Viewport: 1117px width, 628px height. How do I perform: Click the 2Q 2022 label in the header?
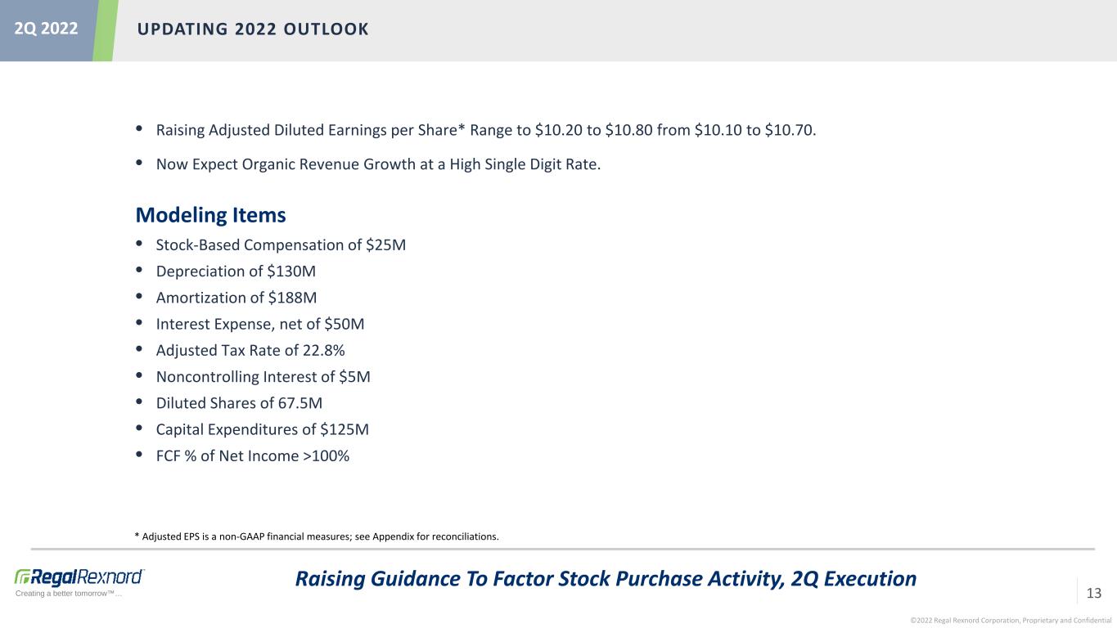pos(46,29)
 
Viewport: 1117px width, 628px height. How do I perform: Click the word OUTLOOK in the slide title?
pos(327,29)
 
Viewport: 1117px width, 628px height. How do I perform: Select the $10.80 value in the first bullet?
pos(628,130)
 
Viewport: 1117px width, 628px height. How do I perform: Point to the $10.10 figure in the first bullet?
pos(718,130)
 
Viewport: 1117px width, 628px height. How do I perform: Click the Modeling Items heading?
pos(210,215)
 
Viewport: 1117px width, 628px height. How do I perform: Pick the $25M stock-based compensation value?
pos(385,244)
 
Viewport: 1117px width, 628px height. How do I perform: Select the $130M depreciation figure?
pos(291,271)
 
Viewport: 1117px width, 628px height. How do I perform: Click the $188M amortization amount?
pos(292,298)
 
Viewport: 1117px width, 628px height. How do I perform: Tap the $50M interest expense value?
pos(344,324)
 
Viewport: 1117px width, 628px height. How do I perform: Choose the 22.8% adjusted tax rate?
pos(323,350)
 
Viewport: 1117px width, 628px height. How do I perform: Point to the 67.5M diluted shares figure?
pos(300,403)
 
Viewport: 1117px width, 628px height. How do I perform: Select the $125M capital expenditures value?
pos(345,429)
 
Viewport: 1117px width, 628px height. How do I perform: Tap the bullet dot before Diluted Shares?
pos(139,401)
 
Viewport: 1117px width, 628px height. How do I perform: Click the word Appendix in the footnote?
pos(394,536)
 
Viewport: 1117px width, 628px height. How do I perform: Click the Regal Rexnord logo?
pos(79,577)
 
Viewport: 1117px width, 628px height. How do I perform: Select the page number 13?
pos(1093,593)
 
